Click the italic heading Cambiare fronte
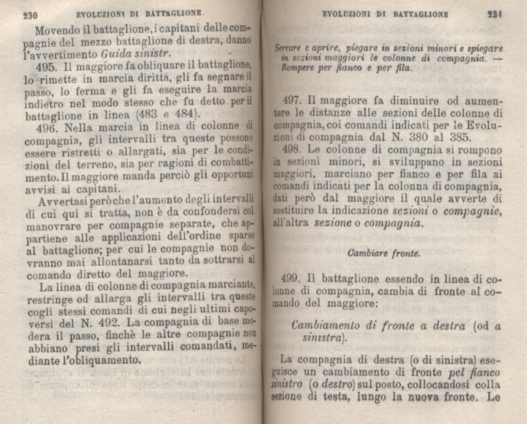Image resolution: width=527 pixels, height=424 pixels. pyautogui.click(x=378, y=253)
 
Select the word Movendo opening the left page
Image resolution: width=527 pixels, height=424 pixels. pyautogui.click(x=60, y=30)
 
